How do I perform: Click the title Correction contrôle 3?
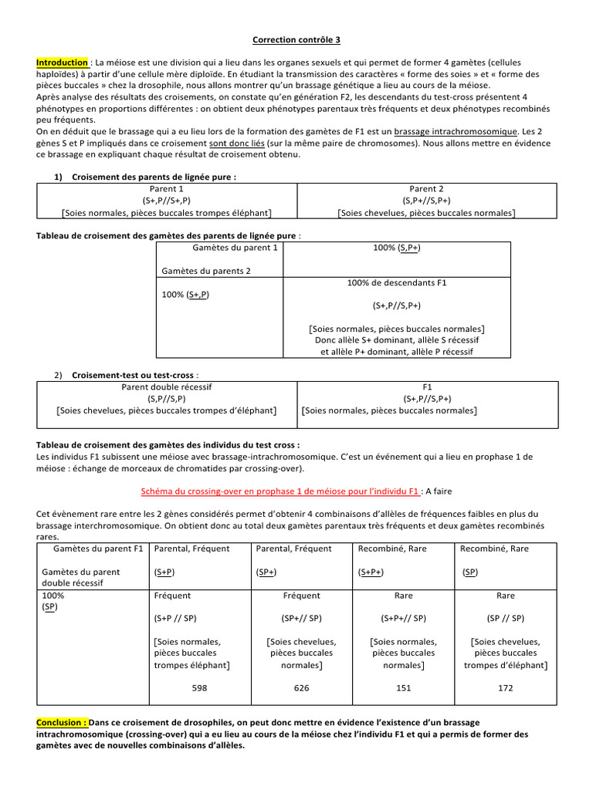point(296,41)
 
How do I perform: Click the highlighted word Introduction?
point(62,62)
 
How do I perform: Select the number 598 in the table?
point(199,687)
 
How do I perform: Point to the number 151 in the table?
point(404,687)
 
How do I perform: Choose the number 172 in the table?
point(505,687)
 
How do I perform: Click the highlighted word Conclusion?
point(62,723)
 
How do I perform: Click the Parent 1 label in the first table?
point(167,189)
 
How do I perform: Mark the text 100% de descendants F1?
point(397,283)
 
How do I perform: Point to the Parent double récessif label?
point(167,387)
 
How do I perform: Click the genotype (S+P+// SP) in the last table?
point(404,618)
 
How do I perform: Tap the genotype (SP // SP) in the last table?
point(505,618)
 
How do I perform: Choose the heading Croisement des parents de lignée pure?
point(154,177)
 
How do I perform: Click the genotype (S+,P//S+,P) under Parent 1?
point(167,201)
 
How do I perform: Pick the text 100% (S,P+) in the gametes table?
point(397,248)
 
